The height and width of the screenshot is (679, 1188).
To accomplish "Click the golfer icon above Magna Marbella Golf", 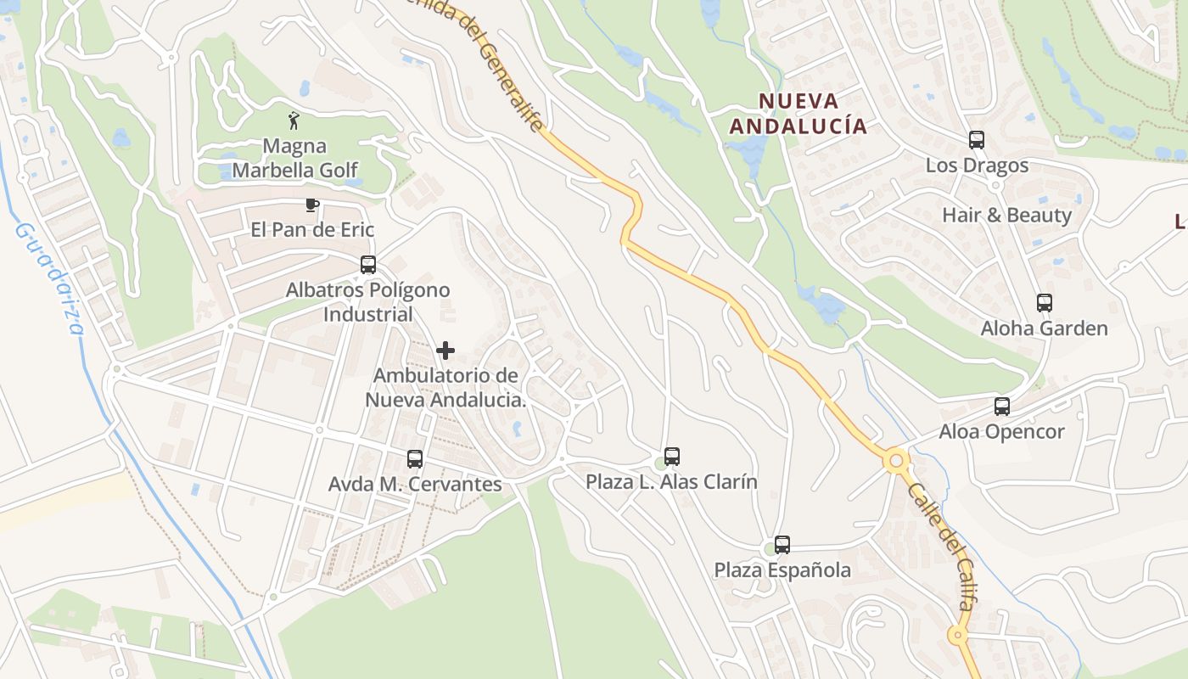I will tap(294, 121).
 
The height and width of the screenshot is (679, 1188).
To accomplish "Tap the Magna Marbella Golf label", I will tap(294, 158).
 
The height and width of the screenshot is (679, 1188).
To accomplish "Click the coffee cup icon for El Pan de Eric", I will tap(311, 205).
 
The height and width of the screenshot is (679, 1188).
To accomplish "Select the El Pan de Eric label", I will tap(312, 229).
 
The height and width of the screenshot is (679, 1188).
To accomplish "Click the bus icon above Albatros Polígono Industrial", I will tap(367, 264).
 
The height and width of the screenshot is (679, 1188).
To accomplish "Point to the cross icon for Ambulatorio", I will tap(445, 350).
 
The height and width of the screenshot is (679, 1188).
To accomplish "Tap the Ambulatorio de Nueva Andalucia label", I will tap(445, 387).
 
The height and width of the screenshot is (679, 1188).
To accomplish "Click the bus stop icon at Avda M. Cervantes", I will tap(414, 459).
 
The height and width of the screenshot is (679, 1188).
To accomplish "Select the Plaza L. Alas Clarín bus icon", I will tap(672, 457).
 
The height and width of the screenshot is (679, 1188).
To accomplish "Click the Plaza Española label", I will tap(782, 570).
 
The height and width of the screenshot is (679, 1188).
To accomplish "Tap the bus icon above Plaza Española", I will tap(782, 545).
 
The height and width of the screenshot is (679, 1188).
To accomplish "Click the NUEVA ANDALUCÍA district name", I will tap(799, 114).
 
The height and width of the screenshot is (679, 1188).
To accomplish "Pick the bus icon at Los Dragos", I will tap(976, 140).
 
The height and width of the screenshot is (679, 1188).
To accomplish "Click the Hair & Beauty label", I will tap(1006, 215).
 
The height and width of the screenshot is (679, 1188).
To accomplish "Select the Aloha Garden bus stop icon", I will tap(1044, 303).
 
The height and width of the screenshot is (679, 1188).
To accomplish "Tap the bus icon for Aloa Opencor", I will tap(1001, 407).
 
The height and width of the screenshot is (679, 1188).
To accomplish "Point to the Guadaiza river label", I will tap(50, 278).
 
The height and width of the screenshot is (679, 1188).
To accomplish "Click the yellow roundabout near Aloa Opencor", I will tap(895, 461).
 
